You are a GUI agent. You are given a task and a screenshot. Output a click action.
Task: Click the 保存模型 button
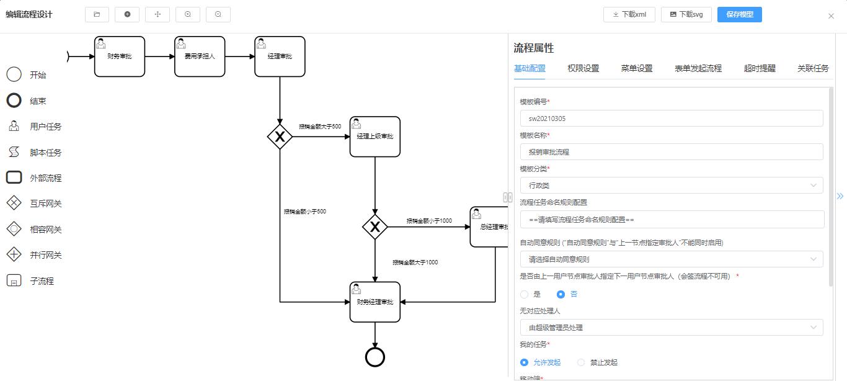(x=739, y=14)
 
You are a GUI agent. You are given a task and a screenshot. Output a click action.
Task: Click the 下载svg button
(x=686, y=14)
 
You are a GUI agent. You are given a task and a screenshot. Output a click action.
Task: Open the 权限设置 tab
(x=583, y=68)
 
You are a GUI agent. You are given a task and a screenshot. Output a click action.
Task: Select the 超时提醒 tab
(x=760, y=68)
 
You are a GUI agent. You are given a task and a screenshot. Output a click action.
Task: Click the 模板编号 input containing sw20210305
(x=671, y=119)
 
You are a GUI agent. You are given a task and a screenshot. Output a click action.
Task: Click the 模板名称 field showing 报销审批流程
(x=671, y=152)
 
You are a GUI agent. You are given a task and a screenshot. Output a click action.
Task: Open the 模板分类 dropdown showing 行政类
(x=671, y=186)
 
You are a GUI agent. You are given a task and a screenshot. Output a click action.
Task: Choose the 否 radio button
(x=561, y=294)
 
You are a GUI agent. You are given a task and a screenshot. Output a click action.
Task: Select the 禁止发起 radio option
(x=581, y=362)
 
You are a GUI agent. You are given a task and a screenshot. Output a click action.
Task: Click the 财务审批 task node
(x=120, y=56)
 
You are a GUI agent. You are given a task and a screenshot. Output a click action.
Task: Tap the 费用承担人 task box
(x=200, y=56)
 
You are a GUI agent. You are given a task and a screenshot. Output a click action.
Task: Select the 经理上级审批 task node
(x=375, y=137)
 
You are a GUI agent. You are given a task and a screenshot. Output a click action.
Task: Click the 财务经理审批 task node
(x=375, y=302)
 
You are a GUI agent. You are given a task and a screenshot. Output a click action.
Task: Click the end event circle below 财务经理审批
(x=375, y=357)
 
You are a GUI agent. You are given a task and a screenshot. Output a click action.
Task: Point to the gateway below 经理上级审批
(x=375, y=227)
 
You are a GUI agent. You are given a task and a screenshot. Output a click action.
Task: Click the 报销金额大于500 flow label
(x=320, y=127)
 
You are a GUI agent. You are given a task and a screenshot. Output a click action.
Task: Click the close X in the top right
(x=831, y=16)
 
